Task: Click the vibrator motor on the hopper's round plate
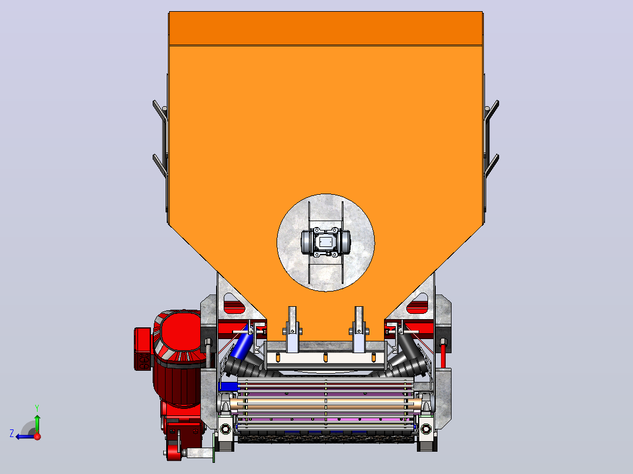(x=326, y=242)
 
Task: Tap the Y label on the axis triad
(x=37, y=408)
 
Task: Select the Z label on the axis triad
(x=12, y=434)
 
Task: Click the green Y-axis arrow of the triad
(x=37, y=424)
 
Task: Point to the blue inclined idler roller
(x=242, y=343)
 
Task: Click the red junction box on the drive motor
(x=142, y=348)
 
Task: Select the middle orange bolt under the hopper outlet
(x=325, y=357)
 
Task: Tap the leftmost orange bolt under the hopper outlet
(x=278, y=357)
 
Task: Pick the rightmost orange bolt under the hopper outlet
(x=373, y=357)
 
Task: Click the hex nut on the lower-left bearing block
(x=225, y=428)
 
